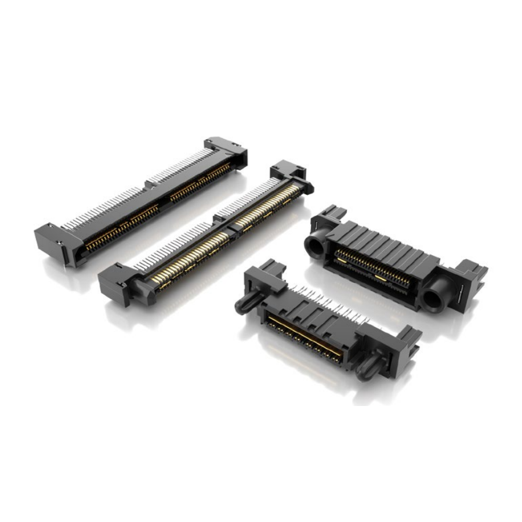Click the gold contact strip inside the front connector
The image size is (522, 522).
302,337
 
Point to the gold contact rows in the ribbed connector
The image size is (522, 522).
374,269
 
